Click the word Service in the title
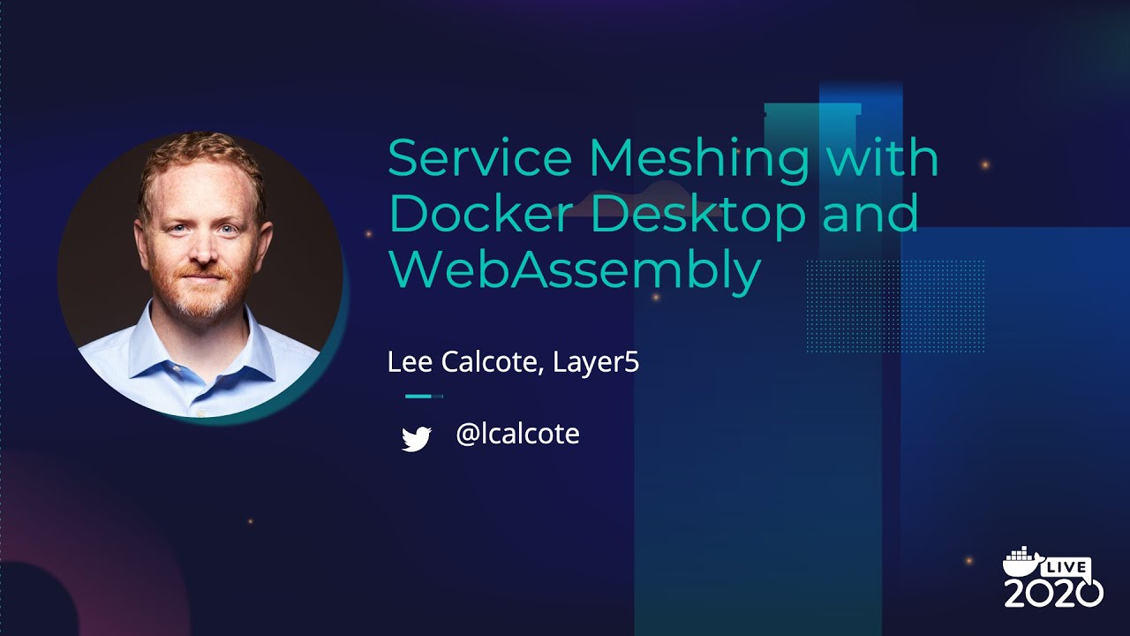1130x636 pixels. [479, 159]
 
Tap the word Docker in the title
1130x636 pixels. [479, 215]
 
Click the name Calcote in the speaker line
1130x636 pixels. [489, 362]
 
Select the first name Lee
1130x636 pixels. [406, 362]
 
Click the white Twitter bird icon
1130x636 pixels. [416, 438]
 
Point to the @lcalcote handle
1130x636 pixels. [517, 434]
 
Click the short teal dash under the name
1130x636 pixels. [418, 397]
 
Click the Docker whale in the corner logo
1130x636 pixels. [1022, 564]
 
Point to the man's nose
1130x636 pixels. [202, 251]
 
